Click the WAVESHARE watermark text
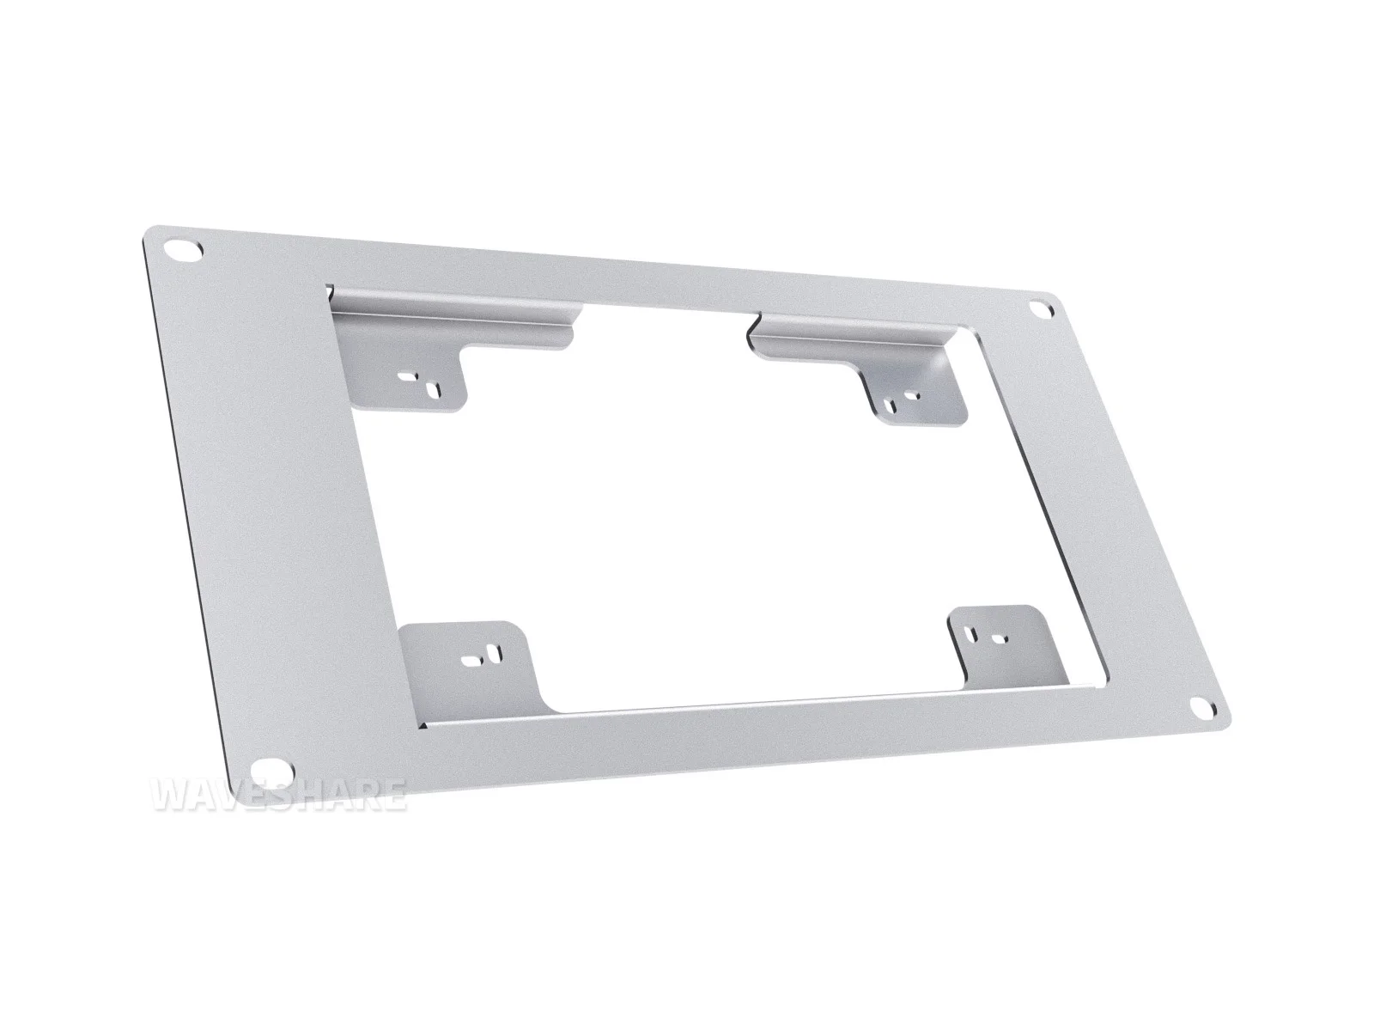(x=279, y=795)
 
